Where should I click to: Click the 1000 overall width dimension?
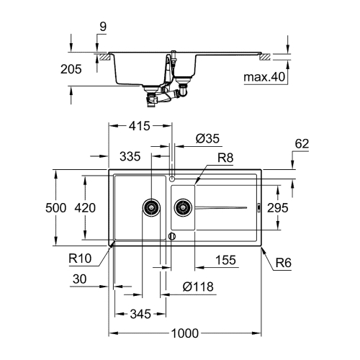[186, 334]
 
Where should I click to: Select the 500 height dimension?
[56, 207]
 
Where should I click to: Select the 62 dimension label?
[302, 144]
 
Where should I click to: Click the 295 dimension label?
[277, 207]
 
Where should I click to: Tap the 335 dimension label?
[130, 155]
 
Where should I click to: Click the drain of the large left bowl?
[151, 207]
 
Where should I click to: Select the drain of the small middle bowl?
[183, 208]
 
